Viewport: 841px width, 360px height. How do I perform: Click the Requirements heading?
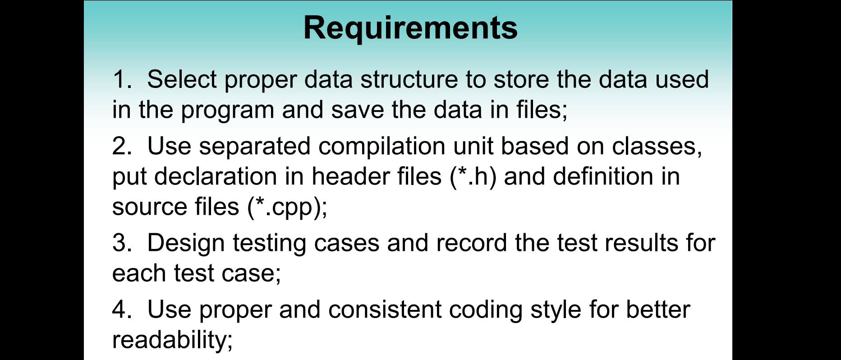pyautogui.click(x=410, y=28)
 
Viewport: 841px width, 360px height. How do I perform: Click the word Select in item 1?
pyautogui.click(x=182, y=79)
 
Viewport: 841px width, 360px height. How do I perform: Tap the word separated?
pyautogui.click(x=255, y=146)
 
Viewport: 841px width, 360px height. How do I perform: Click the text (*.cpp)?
pyautogui.click(x=287, y=208)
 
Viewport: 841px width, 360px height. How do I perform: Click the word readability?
pyautogui.click(x=172, y=341)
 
